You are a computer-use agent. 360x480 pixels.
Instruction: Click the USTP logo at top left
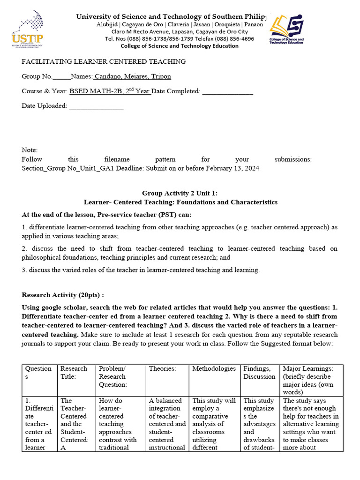[28, 29]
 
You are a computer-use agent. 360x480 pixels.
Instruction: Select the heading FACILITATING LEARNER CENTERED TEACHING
[104, 61]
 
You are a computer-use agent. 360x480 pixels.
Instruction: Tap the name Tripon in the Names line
[160, 76]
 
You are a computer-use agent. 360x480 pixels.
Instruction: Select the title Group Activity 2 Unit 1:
[180, 193]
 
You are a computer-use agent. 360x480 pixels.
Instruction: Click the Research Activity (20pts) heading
[63, 295]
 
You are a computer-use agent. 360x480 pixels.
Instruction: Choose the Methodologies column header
[214, 368]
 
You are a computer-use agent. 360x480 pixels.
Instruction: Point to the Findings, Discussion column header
[259, 372]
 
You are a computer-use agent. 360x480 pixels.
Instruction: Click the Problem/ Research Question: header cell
[112, 376]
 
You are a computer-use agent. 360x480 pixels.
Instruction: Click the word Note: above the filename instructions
[30, 150]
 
